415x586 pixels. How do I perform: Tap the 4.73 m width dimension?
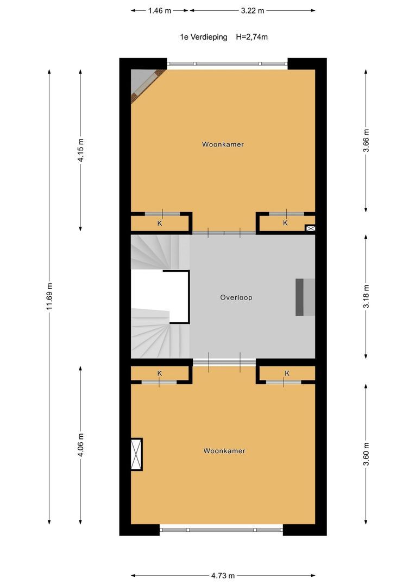(223, 576)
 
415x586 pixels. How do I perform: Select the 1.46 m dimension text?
(160, 10)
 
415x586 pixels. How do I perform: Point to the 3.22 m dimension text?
(253, 10)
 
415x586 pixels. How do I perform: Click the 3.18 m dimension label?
(366, 296)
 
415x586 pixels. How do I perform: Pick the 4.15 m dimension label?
(80, 150)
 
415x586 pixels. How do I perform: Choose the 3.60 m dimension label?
(366, 454)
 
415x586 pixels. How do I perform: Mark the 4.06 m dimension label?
(80, 445)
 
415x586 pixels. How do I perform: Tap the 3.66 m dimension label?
(366, 141)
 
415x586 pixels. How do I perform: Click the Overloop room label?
(236, 297)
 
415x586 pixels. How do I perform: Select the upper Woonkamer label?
(223, 144)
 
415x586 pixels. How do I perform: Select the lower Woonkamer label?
(224, 451)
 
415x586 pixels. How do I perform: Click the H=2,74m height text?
(252, 37)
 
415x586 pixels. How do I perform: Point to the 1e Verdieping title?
(204, 37)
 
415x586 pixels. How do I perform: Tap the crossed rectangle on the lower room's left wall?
(136, 454)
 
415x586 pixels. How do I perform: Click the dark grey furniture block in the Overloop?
(300, 297)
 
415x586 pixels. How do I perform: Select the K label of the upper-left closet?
(160, 223)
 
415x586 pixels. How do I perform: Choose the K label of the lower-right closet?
(287, 373)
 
